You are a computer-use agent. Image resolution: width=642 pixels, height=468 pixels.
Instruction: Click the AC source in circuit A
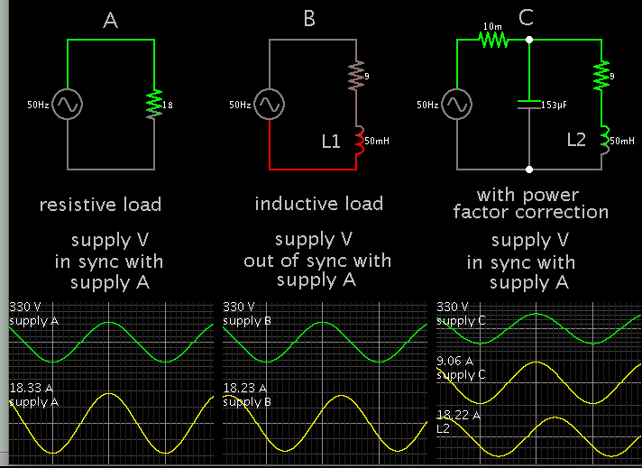[68, 105]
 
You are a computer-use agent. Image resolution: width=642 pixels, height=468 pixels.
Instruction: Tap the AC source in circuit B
[268, 105]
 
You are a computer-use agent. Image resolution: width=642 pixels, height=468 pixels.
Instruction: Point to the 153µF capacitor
[529, 105]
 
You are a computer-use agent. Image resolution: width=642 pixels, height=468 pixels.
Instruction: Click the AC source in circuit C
[456, 105]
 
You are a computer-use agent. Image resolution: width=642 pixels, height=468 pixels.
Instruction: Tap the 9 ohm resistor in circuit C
[601, 76]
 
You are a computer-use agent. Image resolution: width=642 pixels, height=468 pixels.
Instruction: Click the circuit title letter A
[110, 20]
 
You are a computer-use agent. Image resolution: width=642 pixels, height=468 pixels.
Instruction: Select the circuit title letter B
[309, 20]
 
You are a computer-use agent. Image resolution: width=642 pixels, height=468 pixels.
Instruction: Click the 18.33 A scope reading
[30, 388]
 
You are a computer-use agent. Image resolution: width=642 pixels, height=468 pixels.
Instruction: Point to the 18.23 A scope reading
[243, 388]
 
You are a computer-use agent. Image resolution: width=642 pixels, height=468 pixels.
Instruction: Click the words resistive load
[100, 205]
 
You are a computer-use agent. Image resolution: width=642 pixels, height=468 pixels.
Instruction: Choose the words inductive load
[318, 204]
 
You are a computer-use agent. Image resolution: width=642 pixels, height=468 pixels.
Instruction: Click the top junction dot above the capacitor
[529, 40]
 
